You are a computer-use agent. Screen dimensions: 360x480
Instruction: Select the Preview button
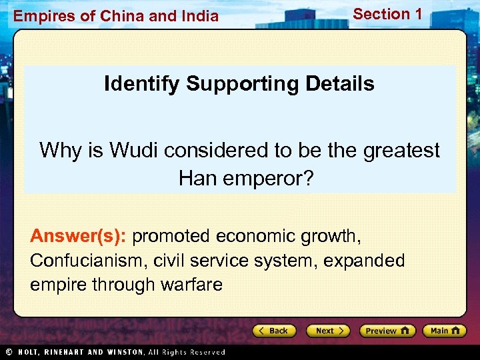click(x=387, y=331)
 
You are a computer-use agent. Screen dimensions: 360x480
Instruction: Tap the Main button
click(x=445, y=331)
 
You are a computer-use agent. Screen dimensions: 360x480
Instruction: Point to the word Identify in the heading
click(x=141, y=84)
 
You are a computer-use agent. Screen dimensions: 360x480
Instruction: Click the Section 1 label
click(x=387, y=13)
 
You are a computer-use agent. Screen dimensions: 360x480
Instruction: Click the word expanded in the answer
click(x=364, y=261)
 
